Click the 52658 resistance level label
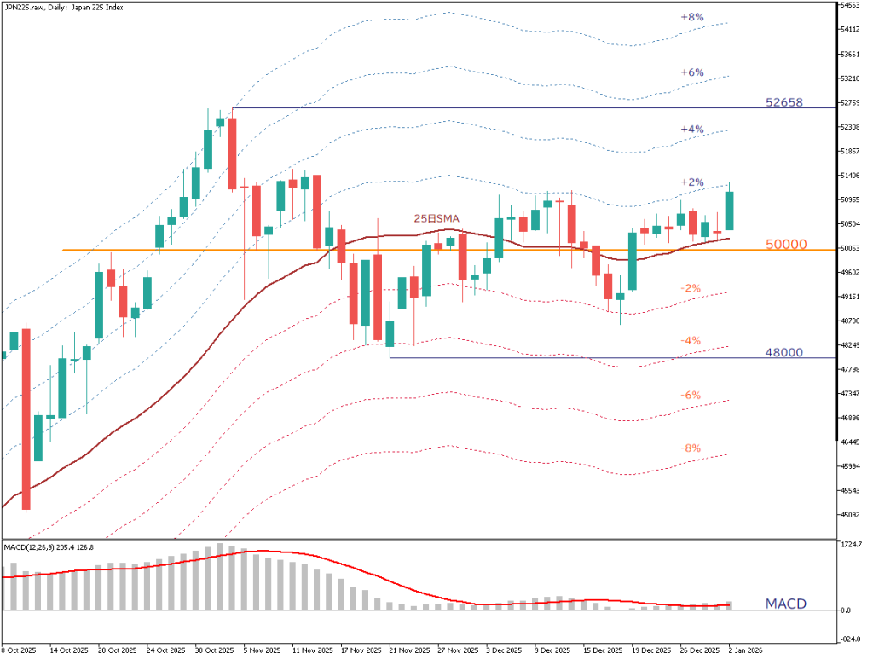pos(785,102)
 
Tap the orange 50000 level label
pos(786,244)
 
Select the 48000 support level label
pos(784,351)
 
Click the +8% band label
pos(692,17)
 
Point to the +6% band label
pos(692,73)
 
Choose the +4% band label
pos(692,130)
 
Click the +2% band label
pos(692,182)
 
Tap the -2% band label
pos(691,289)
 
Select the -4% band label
pos(691,341)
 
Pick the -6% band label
pos(691,396)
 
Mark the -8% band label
pos(691,448)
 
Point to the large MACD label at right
pos(785,604)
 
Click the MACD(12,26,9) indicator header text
pos(60,546)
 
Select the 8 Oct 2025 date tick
pos(19,649)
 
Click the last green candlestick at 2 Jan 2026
pos(730,211)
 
